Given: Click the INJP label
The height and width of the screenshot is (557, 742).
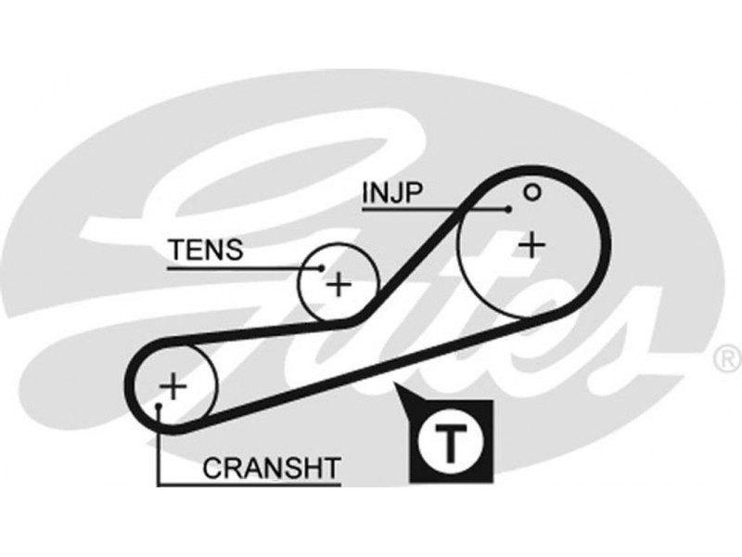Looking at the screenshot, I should pyautogui.click(x=391, y=193).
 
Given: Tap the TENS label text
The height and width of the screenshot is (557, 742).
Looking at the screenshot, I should pyautogui.click(x=205, y=250).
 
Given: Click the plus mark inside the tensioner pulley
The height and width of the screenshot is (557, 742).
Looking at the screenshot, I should pyautogui.click(x=339, y=283).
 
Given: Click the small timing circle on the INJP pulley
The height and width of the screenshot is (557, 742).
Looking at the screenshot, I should pyautogui.click(x=531, y=192).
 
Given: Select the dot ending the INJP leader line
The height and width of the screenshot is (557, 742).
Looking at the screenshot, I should pyautogui.click(x=509, y=210).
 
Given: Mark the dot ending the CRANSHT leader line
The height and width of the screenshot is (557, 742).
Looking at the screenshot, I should pyautogui.click(x=160, y=407).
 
